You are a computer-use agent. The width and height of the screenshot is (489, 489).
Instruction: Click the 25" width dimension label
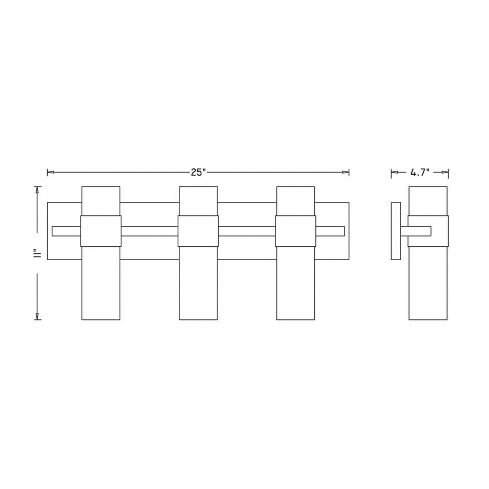198,173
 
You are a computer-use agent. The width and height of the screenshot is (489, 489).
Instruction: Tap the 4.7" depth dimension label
420,173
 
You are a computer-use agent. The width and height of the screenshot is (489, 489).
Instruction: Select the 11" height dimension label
37,253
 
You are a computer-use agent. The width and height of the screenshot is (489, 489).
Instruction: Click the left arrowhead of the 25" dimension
50,172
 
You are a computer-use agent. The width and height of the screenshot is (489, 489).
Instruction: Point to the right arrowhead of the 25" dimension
346,172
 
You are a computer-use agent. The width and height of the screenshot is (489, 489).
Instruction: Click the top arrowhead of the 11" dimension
37,190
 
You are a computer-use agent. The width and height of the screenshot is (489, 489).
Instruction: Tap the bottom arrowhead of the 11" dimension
37,316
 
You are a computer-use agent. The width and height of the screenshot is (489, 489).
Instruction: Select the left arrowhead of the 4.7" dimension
394,172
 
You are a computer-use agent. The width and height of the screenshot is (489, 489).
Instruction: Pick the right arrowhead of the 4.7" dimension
445,172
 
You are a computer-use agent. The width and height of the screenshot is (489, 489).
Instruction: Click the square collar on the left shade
101,231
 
